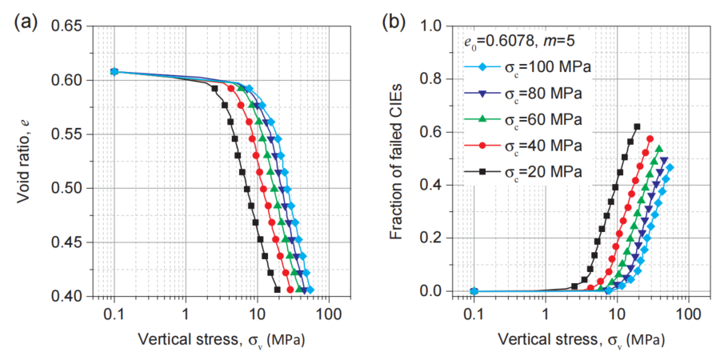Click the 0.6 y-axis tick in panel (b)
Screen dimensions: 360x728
click(433, 132)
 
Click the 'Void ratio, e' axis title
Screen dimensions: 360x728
click(25, 160)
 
